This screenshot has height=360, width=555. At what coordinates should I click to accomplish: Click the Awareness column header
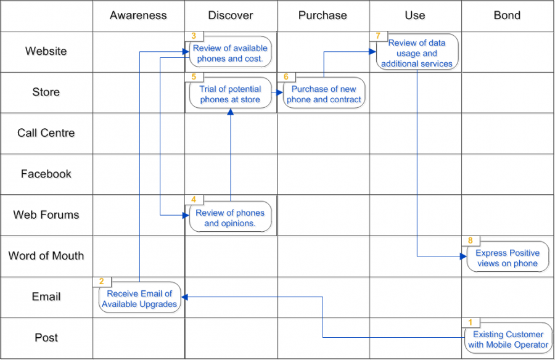click(138, 15)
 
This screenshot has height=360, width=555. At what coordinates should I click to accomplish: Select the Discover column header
click(231, 15)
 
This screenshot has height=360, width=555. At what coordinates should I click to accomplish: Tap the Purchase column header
click(323, 15)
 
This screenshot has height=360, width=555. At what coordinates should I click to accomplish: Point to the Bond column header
click(507, 15)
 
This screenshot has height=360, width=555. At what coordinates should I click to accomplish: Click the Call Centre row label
click(46, 133)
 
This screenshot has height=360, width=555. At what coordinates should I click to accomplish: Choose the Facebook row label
click(46, 174)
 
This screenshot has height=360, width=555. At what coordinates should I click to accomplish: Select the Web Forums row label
click(46, 215)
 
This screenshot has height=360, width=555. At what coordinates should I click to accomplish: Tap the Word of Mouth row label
click(46, 256)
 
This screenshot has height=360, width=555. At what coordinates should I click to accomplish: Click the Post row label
click(46, 338)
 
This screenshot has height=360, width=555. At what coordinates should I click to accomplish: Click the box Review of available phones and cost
click(230, 54)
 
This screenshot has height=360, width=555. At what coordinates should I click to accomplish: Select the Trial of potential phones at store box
click(230, 94)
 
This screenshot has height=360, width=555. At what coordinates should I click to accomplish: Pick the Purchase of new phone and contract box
click(324, 94)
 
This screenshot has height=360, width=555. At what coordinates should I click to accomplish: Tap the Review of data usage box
click(417, 54)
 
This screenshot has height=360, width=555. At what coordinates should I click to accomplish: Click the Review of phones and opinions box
click(230, 218)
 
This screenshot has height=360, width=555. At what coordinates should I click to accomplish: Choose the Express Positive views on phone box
click(507, 258)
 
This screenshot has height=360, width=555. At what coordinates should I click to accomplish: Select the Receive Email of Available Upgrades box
click(139, 299)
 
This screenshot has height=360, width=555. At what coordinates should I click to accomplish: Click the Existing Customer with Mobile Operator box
click(508, 340)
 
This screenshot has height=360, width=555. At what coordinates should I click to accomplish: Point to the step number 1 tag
click(471, 322)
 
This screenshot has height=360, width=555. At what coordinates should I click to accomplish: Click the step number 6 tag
click(286, 77)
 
